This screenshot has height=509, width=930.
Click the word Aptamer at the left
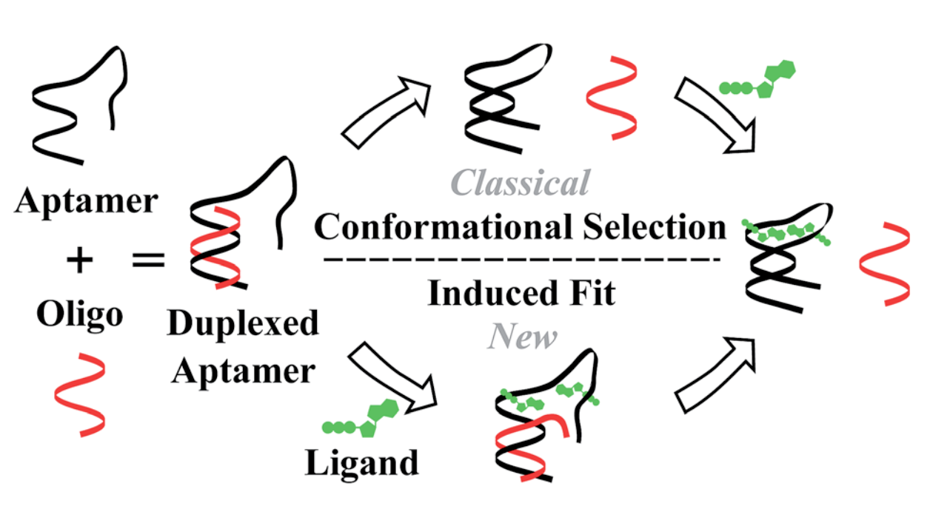[x=86, y=201]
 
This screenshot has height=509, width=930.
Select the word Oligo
[x=80, y=314]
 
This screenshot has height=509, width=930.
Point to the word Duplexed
[x=243, y=324]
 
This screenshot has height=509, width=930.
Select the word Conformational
[x=441, y=227]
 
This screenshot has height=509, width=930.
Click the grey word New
[x=523, y=338]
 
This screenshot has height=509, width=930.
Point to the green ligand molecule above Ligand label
[x=363, y=419]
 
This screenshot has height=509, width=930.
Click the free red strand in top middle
[x=612, y=96]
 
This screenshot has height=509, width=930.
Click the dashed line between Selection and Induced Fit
[x=522, y=260]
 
